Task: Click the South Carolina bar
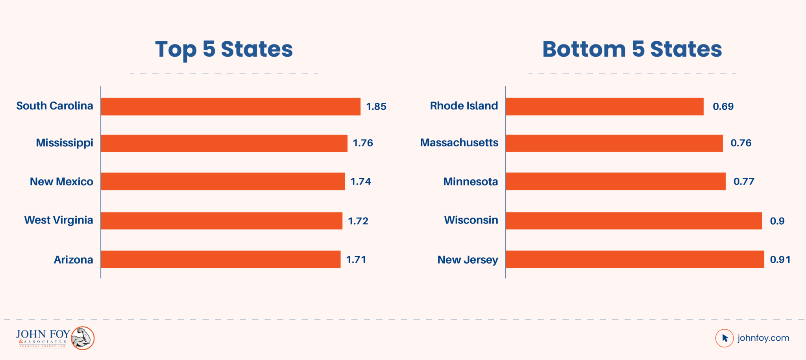tap(230, 107)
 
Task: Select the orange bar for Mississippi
tap(224, 143)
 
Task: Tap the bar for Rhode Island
tap(604, 107)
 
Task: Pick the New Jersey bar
tap(635, 259)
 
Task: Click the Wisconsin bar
tap(634, 221)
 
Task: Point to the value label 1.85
tap(376, 107)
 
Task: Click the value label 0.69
tap(723, 107)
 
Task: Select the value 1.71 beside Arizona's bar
tap(356, 260)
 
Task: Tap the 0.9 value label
tap(777, 221)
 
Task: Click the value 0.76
tap(741, 143)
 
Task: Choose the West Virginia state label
tap(59, 220)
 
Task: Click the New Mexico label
tap(61, 182)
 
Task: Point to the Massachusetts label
tap(459, 143)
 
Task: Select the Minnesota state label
tap(470, 182)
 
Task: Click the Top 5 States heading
tap(224, 50)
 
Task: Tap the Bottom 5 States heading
tap(632, 50)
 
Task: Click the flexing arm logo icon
tap(83, 338)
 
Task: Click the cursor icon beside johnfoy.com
tap(725, 338)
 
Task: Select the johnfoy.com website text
tap(763, 338)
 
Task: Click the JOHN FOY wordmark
tap(43, 334)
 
